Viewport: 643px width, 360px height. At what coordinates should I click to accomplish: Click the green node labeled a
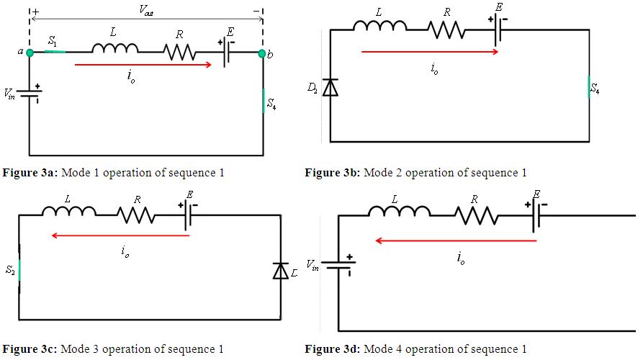tap(30, 52)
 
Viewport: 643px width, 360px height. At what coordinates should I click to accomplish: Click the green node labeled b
tap(261, 53)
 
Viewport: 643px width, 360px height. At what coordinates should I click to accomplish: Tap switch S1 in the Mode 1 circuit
tap(55, 52)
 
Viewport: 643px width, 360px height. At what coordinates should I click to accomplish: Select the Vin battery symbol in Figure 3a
tap(30, 94)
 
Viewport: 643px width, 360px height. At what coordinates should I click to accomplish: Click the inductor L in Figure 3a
tap(114, 49)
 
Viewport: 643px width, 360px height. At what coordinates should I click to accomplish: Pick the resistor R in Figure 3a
tap(179, 52)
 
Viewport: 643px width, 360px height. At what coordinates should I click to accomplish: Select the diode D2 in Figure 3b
tap(331, 88)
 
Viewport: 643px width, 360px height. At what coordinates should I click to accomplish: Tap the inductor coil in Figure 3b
tap(379, 27)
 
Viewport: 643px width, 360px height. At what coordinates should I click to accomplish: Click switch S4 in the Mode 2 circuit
tap(589, 88)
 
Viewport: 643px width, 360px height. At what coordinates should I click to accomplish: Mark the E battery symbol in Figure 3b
tap(498, 29)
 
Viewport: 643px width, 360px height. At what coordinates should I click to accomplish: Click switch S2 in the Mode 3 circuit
tap(19, 269)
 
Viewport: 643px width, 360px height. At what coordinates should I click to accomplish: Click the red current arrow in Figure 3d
tap(456, 241)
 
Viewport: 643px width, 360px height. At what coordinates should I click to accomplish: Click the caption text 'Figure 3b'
tap(333, 173)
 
